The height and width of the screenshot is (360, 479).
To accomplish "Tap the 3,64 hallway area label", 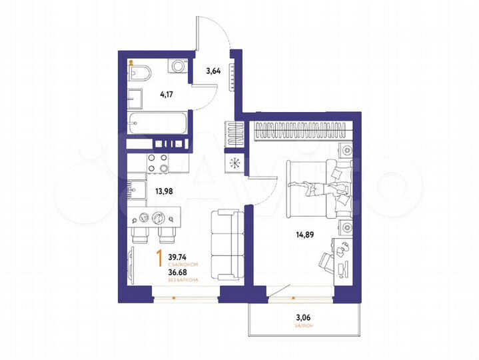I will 213,70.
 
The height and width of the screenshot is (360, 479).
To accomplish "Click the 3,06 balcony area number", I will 303,318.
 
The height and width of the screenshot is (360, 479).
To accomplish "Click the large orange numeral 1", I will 159,257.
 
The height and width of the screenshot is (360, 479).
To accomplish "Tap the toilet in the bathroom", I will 141,73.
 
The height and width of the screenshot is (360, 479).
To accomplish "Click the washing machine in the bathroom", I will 178,67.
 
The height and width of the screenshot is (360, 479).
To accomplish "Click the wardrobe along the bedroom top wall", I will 303,131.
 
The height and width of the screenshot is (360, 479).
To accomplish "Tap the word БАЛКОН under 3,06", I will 303,327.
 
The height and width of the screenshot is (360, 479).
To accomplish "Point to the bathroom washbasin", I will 135,99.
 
